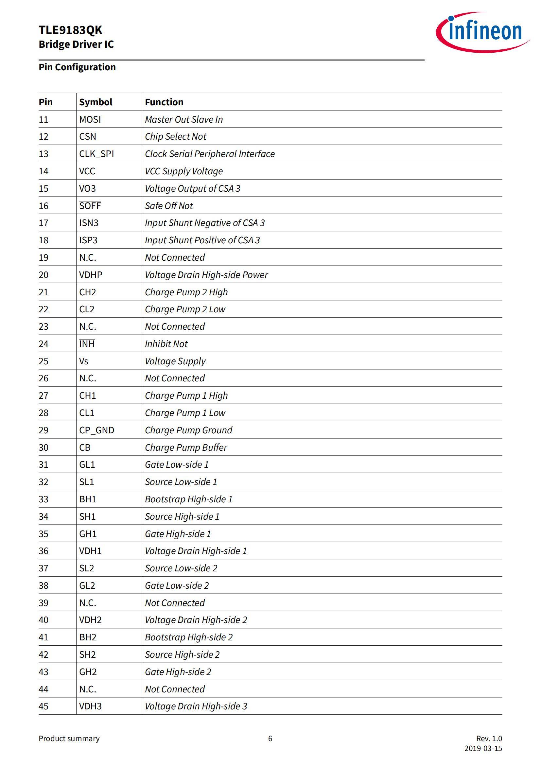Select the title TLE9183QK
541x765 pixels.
point(70,30)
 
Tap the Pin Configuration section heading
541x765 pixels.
point(77,67)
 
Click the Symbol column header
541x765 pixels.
point(96,102)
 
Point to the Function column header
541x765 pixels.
point(164,102)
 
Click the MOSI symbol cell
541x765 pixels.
point(90,119)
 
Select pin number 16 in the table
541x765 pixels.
point(44,206)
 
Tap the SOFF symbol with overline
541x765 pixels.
point(90,206)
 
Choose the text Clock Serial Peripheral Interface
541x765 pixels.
point(210,154)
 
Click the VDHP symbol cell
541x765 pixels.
point(91,274)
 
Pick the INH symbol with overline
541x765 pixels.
point(87,343)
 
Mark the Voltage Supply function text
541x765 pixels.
point(175,361)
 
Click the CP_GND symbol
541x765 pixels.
point(96,430)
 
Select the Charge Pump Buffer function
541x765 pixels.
point(186,447)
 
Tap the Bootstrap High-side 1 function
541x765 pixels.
point(188,499)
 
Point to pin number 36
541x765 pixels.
point(44,551)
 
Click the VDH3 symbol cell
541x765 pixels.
point(90,706)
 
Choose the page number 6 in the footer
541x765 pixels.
point(270,739)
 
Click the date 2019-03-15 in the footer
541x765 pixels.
point(483,748)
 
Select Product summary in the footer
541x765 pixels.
point(69,739)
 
